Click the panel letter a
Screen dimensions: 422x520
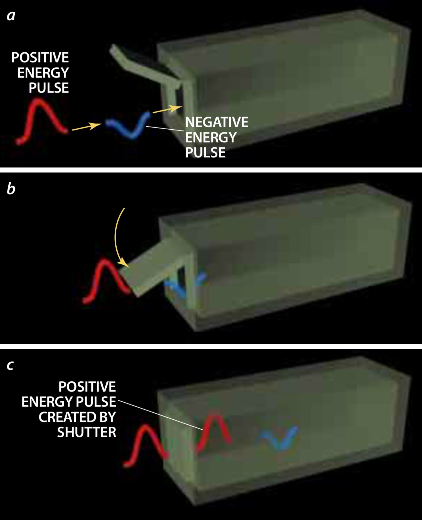pos(11,16)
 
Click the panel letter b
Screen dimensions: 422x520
pos(11,188)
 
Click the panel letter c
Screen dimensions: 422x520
pos(10,365)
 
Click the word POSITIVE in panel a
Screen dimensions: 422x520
pos(40,58)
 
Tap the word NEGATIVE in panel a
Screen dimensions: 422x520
pos(217,122)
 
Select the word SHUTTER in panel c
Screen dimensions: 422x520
pos(87,432)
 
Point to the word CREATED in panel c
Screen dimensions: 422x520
pos(61,417)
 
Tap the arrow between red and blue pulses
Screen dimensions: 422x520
pos(87,126)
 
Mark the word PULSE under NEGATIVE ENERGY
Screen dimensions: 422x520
pos(205,153)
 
